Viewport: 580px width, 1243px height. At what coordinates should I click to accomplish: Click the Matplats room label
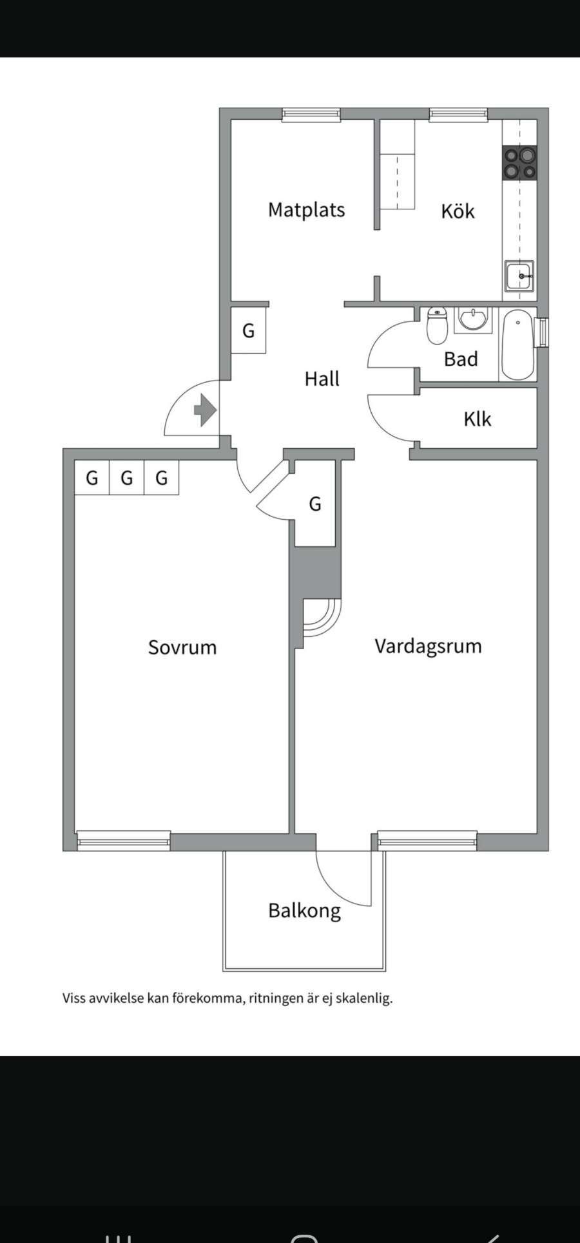pyautogui.click(x=306, y=210)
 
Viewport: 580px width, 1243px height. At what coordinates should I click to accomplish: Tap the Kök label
pyautogui.click(x=458, y=211)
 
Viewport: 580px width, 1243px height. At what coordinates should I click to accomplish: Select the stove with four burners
pyautogui.click(x=519, y=163)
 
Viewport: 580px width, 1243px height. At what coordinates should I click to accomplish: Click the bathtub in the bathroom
pyautogui.click(x=517, y=345)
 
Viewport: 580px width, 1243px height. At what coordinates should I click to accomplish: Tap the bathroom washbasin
pyautogui.click(x=474, y=319)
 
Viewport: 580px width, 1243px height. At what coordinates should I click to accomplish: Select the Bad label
pyautogui.click(x=461, y=359)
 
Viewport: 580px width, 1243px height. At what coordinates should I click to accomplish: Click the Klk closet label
pyautogui.click(x=477, y=419)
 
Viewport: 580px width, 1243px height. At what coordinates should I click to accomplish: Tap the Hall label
pyautogui.click(x=322, y=379)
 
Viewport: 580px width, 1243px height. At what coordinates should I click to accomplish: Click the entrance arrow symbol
pyautogui.click(x=205, y=410)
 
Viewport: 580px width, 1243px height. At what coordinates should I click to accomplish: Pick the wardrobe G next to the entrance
pyautogui.click(x=248, y=331)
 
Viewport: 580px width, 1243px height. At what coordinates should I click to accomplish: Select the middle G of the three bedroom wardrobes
pyautogui.click(x=127, y=478)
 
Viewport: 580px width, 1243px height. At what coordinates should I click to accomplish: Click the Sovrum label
pyautogui.click(x=182, y=647)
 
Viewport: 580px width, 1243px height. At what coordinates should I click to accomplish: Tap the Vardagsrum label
pyautogui.click(x=428, y=646)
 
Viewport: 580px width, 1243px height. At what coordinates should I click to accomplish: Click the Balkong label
pyautogui.click(x=304, y=911)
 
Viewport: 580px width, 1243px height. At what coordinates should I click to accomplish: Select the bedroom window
pyautogui.click(x=123, y=840)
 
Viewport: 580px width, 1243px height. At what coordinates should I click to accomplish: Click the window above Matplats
pyautogui.click(x=311, y=115)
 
